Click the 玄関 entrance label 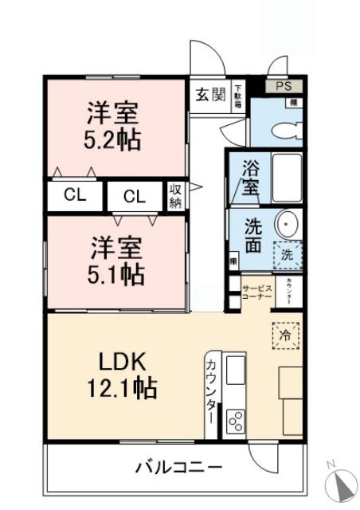point(210,94)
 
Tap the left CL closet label point(75,196)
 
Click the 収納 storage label point(174,196)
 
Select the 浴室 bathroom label point(251,178)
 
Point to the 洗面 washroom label point(253,235)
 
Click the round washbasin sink point(287,223)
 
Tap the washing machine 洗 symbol point(288,256)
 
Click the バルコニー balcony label point(178,466)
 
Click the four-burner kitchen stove point(237,420)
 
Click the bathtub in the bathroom point(287,178)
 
